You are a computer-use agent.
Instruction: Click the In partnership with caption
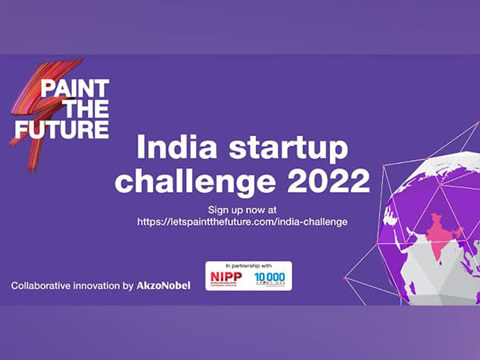(248, 266)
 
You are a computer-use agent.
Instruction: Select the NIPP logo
(226, 278)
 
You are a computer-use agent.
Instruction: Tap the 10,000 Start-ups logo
(270, 278)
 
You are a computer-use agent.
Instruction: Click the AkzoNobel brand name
(163, 285)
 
